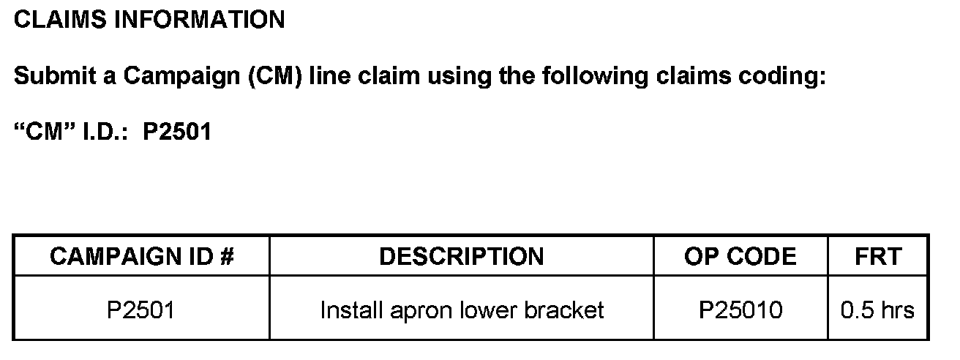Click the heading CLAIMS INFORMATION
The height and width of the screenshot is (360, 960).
click(x=149, y=20)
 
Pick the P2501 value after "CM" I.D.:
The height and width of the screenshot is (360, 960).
click(x=177, y=132)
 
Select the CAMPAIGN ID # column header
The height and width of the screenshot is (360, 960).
click(x=141, y=256)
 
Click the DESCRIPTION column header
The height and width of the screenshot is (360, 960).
click(x=461, y=256)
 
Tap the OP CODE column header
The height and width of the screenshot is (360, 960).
click(x=740, y=256)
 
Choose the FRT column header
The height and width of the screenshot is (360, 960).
click(x=877, y=256)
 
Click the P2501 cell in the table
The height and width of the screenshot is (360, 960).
click(x=141, y=310)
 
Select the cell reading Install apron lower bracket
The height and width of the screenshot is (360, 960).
click(x=461, y=310)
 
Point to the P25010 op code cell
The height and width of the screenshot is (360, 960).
click(x=740, y=310)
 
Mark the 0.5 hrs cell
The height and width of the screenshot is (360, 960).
click(x=877, y=310)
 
